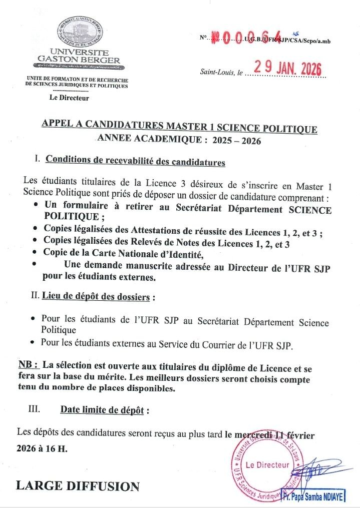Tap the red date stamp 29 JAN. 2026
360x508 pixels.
tap(287, 68)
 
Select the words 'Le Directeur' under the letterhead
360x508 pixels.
tap(69, 98)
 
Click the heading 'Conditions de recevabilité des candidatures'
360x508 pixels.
tap(135, 162)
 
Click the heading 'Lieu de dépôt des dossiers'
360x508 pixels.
tap(96, 297)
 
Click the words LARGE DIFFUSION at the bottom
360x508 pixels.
tap(78, 486)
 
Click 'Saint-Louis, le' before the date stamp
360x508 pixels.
tap(221, 73)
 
